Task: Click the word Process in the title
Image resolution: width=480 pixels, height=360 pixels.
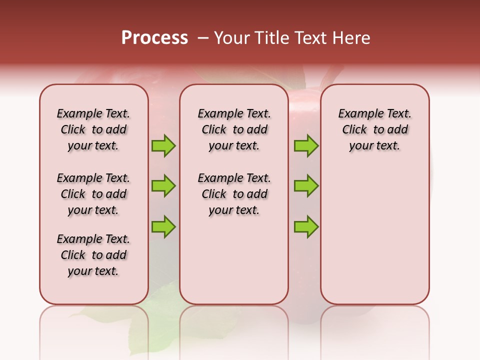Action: click(x=154, y=38)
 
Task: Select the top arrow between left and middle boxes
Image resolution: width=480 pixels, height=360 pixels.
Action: click(x=163, y=145)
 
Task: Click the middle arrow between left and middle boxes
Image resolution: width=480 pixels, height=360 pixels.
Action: click(x=163, y=186)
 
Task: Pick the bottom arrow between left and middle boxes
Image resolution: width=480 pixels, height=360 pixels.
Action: click(x=163, y=226)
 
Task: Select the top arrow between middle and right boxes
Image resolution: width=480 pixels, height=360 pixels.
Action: click(x=306, y=145)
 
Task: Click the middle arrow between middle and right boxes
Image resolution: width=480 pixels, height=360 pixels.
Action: click(x=306, y=186)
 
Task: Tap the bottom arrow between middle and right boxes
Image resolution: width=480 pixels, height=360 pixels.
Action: click(x=306, y=226)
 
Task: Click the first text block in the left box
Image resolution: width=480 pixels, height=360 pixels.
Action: click(x=93, y=129)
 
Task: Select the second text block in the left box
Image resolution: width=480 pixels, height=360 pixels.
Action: click(x=93, y=194)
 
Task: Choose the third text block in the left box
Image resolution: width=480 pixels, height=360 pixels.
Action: click(x=93, y=255)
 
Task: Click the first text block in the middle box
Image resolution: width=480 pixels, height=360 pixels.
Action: click(x=234, y=129)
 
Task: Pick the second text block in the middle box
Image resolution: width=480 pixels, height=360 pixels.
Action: click(x=234, y=194)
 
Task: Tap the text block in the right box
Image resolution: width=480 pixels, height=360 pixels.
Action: click(x=374, y=129)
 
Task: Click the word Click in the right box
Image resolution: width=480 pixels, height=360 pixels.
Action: click(x=354, y=129)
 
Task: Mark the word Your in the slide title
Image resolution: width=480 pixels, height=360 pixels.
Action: click(x=231, y=38)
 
